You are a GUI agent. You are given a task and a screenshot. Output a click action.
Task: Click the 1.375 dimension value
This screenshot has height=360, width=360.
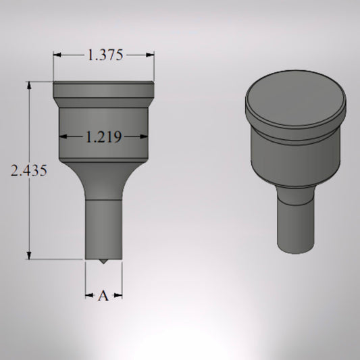[104, 56]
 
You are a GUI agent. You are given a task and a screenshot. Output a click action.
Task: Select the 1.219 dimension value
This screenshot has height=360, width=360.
[103, 138]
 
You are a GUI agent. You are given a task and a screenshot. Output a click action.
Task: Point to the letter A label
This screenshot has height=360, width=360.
[103, 296]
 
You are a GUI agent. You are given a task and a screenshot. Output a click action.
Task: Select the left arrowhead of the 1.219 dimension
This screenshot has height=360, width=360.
[63, 137]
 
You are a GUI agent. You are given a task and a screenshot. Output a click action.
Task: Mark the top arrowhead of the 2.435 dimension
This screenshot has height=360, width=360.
[29, 86]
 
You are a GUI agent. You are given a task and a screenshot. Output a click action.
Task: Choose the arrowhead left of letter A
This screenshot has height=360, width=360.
[89, 295]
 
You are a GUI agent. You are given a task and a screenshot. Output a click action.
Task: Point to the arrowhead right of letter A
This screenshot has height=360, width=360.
[118, 295]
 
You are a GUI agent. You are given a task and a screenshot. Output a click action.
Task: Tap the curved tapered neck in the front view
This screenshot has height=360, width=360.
[103, 179]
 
